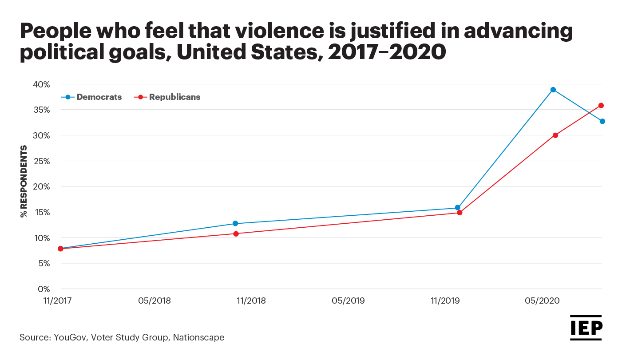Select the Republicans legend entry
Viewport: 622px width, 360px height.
point(167,97)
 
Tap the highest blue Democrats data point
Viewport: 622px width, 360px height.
point(553,90)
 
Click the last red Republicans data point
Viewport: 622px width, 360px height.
point(601,106)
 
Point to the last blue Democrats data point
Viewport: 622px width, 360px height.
point(602,121)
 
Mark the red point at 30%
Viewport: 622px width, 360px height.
point(555,135)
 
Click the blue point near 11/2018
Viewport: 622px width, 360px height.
point(235,224)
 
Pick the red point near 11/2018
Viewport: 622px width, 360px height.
point(236,234)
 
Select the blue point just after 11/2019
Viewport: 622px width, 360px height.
point(458,208)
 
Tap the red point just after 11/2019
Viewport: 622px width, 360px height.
point(460,213)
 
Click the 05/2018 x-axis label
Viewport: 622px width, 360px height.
point(155,301)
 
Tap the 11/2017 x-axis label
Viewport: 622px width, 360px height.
point(57,301)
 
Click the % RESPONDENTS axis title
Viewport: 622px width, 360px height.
point(24,181)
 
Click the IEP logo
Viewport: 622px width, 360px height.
point(586,328)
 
